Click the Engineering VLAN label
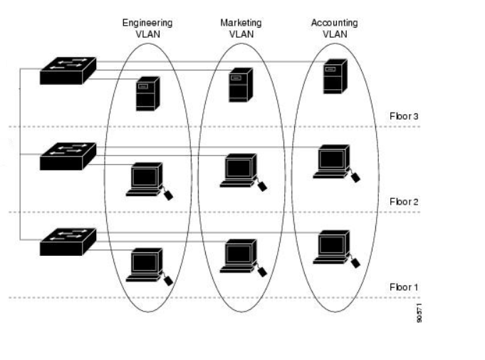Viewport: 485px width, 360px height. (x=147, y=28)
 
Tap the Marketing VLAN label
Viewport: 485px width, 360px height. (x=241, y=28)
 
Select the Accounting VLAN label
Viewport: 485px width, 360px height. (x=334, y=28)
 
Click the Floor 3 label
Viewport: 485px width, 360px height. (x=404, y=115)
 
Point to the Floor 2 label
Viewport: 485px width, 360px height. (x=404, y=202)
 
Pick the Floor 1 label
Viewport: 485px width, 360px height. (x=404, y=287)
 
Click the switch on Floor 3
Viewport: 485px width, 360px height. (x=68, y=70)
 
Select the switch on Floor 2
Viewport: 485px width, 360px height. (x=68, y=155)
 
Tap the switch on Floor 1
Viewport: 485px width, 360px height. (x=68, y=241)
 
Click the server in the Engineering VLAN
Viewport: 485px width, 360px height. (x=146, y=94)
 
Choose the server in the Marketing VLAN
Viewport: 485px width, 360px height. (x=239, y=85)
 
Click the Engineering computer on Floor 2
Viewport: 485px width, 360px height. (x=145, y=178)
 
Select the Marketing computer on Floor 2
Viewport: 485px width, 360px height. (x=238, y=170)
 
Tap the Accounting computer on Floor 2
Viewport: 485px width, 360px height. (x=331, y=161)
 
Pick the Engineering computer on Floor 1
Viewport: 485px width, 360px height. (x=145, y=264)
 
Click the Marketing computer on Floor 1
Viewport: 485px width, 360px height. (x=238, y=255)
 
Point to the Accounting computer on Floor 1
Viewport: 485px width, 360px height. (x=331, y=247)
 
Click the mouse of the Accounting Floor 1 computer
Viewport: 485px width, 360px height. (x=355, y=262)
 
